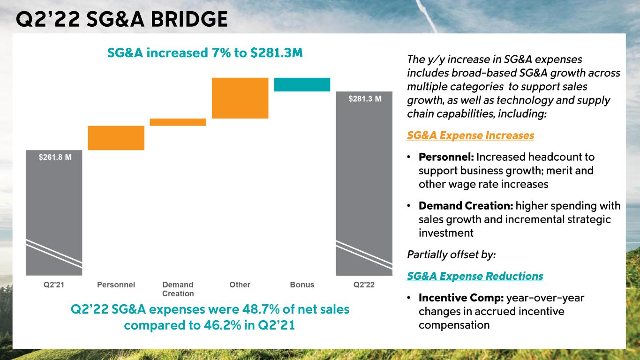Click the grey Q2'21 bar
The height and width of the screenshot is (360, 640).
click(x=53, y=211)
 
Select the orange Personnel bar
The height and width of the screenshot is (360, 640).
click(x=116, y=138)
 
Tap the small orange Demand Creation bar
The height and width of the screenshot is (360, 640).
click(x=178, y=122)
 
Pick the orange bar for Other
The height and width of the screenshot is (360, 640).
click(x=240, y=98)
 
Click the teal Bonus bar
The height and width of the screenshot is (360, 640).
click(x=302, y=84)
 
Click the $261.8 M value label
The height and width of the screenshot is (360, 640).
click(x=55, y=157)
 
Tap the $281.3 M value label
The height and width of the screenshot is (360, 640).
click(x=365, y=99)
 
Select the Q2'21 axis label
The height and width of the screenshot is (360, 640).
click(x=54, y=285)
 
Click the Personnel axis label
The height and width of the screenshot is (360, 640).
click(x=116, y=285)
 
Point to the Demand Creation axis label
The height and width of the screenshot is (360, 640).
click(x=178, y=289)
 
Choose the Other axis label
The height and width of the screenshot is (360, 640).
click(x=240, y=285)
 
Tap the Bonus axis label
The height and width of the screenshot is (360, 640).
click(x=302, y=285)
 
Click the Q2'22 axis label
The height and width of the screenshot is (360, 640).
click(x=364, y=285)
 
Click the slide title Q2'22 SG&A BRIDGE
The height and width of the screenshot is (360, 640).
click(x=122, y=19)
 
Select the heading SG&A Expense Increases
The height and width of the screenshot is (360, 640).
click(x=470, y=135)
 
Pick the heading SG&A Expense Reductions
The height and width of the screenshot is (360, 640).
click(x=475, y=276)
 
